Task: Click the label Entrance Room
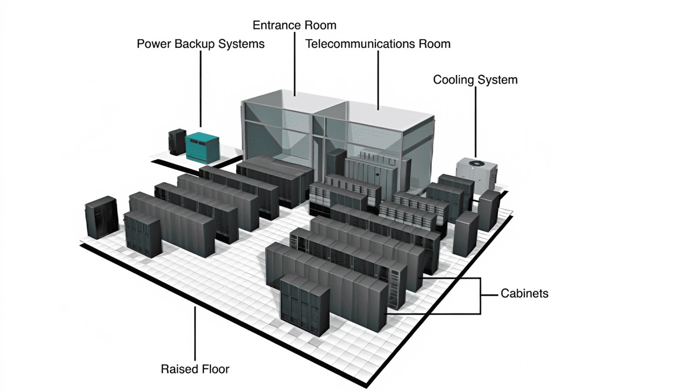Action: click(294, 25)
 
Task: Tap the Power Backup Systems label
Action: click(201, 44)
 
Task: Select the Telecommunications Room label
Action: click(377, 44)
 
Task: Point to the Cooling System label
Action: click(475, 80)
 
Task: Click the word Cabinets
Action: click(524, 293)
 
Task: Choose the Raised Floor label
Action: click(195, 369)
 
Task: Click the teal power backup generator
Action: click(203, 144)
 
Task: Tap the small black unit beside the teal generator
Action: click(176, 141)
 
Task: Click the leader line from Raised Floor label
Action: click(195, 333)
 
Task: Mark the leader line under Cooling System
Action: click(475, 121)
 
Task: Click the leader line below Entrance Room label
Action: click(295, 65)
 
